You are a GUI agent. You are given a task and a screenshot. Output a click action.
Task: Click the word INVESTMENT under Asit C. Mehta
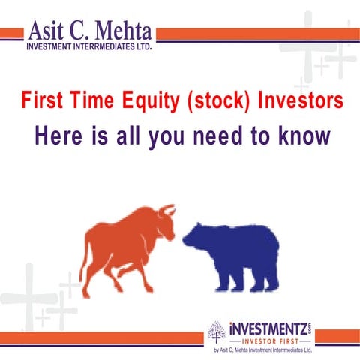coord(54,46)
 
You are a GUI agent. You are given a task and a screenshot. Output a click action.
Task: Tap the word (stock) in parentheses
coord(214,100)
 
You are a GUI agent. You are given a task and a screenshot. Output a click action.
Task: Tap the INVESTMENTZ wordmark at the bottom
coord(268,328)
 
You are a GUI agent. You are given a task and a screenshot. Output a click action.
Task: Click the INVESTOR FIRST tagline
coord(268,340)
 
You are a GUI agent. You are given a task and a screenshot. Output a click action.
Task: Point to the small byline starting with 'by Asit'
coord(262,350)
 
